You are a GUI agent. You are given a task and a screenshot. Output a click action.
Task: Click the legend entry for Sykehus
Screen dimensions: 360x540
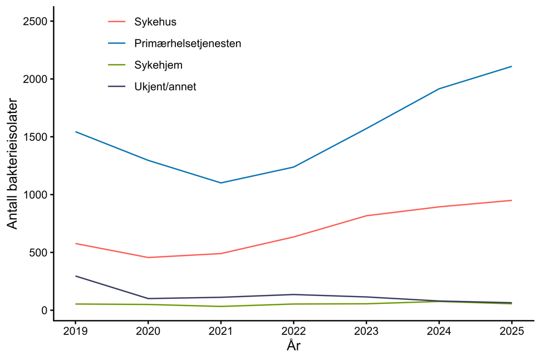click(x=155, y=22)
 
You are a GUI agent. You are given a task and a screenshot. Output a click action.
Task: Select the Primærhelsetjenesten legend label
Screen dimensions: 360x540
click(x=188, y=43)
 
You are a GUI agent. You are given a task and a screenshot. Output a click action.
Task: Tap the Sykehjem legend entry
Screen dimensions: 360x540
click(x=158, y=65)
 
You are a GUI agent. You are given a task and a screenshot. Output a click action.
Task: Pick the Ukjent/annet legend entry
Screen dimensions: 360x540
click(x=165, y=87)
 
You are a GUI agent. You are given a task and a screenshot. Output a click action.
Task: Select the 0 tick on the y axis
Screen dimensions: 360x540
click(x=45, y=310)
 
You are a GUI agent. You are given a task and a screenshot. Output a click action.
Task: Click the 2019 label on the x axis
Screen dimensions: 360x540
click(x=75, y=331)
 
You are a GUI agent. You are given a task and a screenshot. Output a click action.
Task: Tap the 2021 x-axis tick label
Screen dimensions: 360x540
click(x=221, y=331)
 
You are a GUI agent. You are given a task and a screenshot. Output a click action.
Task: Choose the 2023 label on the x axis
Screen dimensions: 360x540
click(x=366, y=331)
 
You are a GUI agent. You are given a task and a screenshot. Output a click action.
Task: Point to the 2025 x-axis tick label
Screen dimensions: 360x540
click(x=512, y=331)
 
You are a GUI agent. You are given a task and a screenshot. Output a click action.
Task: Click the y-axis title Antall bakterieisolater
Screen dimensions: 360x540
click(x=13, y=164)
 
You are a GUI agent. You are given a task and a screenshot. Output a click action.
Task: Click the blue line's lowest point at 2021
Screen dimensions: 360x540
click(x=221, y=183)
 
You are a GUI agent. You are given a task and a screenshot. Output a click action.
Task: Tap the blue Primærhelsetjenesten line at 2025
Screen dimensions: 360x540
click(x=512, y=67)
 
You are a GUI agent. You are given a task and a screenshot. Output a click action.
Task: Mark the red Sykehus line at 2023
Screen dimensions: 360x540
click(x=366, y=216)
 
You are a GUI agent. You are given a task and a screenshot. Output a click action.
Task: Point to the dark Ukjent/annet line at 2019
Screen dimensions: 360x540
click(x=75, y=276)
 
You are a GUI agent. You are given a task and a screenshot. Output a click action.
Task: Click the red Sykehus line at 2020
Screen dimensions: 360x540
click(x=148, y=258)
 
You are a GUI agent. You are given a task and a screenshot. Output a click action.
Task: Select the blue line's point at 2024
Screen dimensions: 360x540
click(x=439, y=89)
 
